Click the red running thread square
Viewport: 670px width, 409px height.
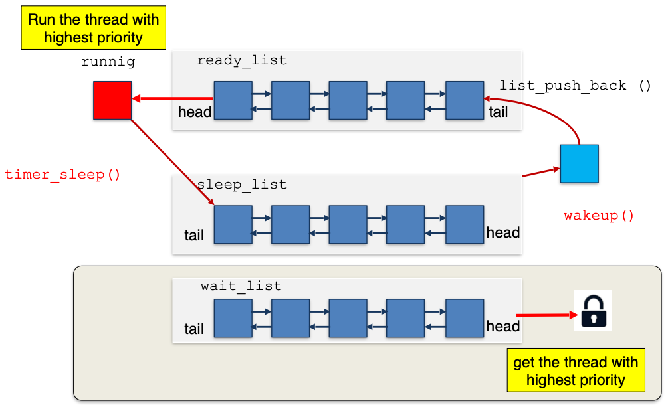(112, 100)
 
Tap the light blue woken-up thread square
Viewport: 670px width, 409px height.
(579, 163)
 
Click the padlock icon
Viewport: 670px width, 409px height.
(593, 310)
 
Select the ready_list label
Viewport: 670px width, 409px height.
(242, 61)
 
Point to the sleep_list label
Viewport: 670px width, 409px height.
(242, 185)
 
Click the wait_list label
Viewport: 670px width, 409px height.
(241, 287)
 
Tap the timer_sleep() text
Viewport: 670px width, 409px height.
(63, 175)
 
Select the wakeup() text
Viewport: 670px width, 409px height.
(599, 216)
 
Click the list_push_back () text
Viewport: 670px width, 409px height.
(576, 86)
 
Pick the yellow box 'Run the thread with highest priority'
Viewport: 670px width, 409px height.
(93, 29)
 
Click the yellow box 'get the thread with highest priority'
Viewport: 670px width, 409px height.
(576, 371)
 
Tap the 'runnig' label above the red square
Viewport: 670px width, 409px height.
(108, 62)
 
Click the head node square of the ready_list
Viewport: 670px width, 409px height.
(233, 100)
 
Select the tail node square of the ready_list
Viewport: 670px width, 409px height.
(465, 100)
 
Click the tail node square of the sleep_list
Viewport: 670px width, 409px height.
(233, 224)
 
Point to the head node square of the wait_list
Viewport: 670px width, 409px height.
(465, 319)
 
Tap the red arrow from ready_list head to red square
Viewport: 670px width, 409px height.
(173, 99)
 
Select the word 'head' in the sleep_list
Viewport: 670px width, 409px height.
(503, 233)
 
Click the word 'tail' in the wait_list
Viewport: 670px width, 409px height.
(194, 329)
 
